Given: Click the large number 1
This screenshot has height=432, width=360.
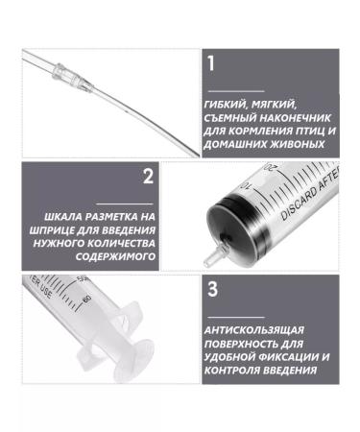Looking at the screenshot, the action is coord(211,63).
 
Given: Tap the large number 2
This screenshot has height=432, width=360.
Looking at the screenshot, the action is coord(148,176).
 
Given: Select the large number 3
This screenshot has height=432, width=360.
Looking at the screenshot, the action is coord(212,289).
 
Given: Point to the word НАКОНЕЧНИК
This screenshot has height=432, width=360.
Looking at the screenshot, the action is coord(295,118).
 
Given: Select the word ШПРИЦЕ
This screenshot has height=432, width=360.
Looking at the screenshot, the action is coord(54,230).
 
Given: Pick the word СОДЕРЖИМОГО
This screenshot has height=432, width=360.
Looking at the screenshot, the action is coord(115,256).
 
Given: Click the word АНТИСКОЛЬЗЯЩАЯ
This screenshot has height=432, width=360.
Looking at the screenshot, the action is coord(253,330).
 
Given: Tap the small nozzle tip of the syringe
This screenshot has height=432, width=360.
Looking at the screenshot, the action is coord(209,256).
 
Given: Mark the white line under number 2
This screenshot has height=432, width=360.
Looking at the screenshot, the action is coord(125,204).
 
